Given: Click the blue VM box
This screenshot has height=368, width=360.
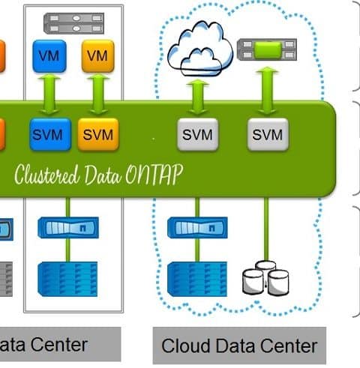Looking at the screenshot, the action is tap(49, 56).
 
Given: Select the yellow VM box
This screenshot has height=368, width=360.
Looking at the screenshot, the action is tap(98, 56).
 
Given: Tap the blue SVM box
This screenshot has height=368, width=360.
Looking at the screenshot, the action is tap(50, 134).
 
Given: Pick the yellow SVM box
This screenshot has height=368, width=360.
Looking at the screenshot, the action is tap(98, 134).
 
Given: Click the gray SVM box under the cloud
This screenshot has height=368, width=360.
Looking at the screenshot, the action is tap(197, 134).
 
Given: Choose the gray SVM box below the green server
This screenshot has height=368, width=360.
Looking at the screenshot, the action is tap(268, 134).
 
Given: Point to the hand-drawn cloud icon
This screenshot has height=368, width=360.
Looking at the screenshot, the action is tap(200, 49).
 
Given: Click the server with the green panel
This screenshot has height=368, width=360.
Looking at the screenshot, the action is tap(267, 49).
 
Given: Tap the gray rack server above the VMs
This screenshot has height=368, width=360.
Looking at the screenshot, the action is tap(73, 23).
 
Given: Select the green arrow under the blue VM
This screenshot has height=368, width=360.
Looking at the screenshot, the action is tap(49, 94).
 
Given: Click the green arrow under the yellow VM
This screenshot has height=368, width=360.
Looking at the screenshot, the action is tap(98, 94).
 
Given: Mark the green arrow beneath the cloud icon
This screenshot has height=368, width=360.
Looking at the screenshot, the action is tap(197, 97).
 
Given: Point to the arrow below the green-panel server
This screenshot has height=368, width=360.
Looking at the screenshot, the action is tap(267, 91).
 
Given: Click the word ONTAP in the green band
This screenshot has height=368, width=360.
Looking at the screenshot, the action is tap(154, 174).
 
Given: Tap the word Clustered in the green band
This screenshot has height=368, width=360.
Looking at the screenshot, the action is tap(46, 175).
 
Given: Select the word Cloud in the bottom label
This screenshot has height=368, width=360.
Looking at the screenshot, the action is tap(185, 346).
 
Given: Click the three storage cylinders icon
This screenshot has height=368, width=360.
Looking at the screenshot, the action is tap(265, 278).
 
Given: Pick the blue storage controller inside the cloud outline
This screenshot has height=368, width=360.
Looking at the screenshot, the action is tap(197, 228).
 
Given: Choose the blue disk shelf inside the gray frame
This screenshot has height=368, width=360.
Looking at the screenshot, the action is tap(67, 279).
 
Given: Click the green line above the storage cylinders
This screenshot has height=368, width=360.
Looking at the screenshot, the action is tap(266, 229).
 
